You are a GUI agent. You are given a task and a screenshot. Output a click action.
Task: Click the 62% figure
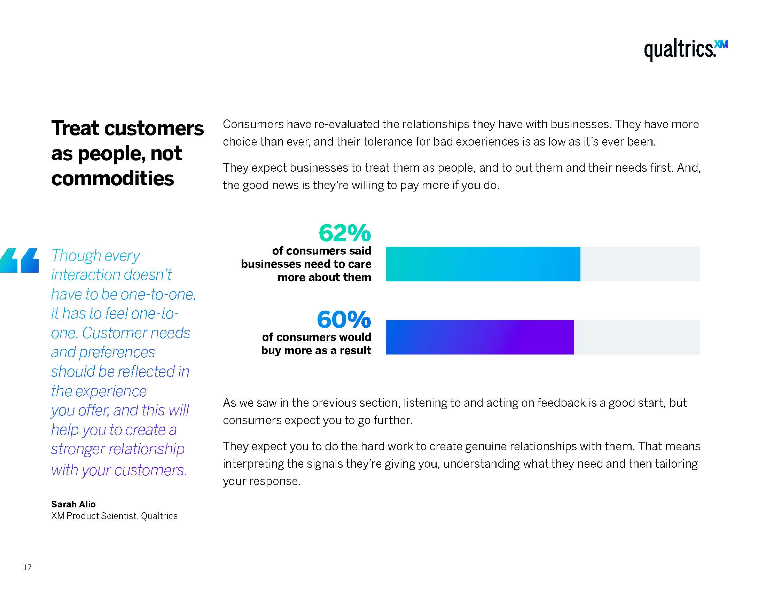pyautogui.click(x=344, y=233)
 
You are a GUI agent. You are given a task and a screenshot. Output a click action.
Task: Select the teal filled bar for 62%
pyautogui.click(x=483, y=264)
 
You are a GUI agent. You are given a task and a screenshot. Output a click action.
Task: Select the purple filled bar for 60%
pyautogui.click(x=480, y=337)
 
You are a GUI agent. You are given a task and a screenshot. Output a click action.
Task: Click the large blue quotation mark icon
pyautogui.click(x=19, y=260)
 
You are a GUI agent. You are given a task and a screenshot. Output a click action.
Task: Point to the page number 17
pyautogui.click(x=28, y=567)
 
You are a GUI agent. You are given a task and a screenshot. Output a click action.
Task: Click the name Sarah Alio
pyautogui.click(x=73, y=504)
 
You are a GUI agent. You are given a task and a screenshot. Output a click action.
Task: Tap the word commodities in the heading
pyautogui.click(x=112, y=178)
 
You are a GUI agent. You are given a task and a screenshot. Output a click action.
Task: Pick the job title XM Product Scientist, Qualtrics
pyautogui.click(x=114, y=516)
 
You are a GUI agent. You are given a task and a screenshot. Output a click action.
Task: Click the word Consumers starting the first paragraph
pyautogui.click(x=252, y=124)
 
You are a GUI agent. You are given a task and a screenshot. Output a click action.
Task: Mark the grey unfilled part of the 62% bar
pyautogui.click(x=640, y=264)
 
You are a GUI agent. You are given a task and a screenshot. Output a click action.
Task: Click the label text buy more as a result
pyautogui.click(x=316, y=350)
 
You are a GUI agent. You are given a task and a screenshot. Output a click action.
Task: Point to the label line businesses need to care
pyautogui.click(x=306, y=264)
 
